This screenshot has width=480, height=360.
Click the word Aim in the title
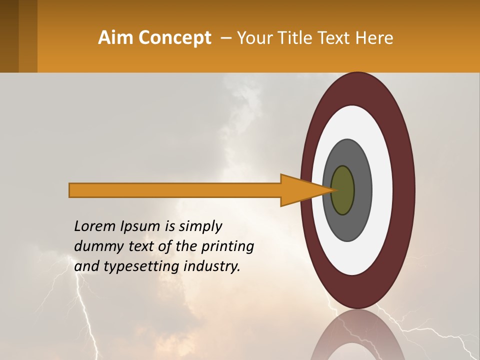point(116,38)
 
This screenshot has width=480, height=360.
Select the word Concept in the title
point(175,38)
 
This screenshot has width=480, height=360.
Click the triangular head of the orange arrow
point(300,190)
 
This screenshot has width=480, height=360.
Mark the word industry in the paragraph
point(212,267)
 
